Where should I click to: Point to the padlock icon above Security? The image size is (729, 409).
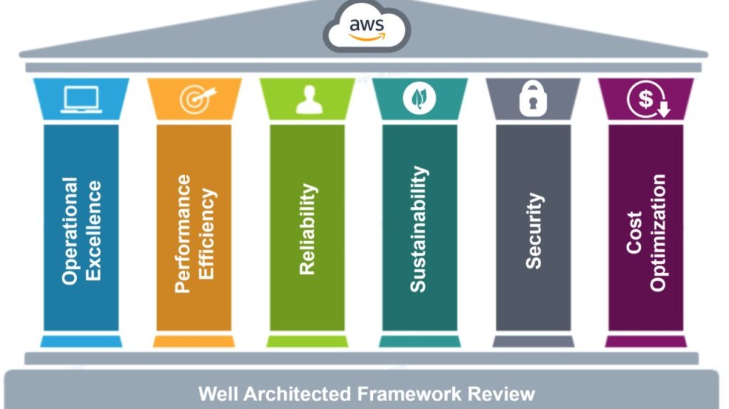coord(532,100)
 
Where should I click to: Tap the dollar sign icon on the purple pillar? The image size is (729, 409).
coord(647,100)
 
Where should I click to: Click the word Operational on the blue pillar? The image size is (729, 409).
coord(70,230)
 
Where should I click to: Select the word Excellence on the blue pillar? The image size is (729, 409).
coord(93,230)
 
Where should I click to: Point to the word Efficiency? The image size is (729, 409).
coord(206,233)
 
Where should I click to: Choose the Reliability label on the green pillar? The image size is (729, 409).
coord(307,229)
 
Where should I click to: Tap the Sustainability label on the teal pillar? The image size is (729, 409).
coord(419,229)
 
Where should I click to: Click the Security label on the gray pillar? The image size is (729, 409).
coord(533,230)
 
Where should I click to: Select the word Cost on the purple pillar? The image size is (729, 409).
coord(634,232)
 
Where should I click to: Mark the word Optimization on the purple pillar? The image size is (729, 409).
coord(658,232)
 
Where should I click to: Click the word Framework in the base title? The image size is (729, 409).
coord(411,394)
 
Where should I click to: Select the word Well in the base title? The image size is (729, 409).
coord(215,394)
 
